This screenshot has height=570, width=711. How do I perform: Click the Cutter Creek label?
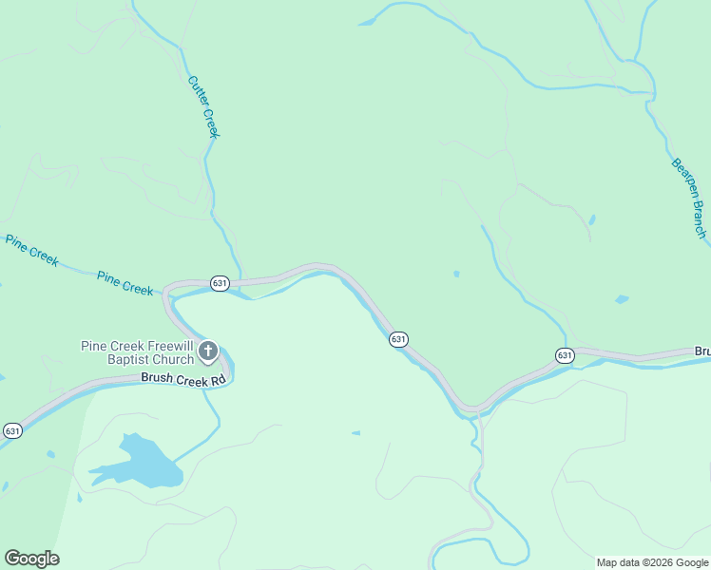click(203, 107)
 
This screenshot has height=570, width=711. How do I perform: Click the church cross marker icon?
click(208, 353)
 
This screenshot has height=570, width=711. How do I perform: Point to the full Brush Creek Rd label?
click(183, 378)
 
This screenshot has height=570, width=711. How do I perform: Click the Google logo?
click(31, 559)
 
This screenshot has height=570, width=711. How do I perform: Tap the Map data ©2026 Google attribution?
click(652, 562)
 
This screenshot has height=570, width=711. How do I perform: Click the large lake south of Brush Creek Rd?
click(142, 463)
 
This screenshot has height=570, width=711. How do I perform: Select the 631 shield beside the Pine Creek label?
click(220, 283)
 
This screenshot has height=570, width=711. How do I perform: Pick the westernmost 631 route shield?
click(12, 430)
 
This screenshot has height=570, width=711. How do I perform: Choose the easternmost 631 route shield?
click(565, 355)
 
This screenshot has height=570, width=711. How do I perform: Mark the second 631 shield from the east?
click(398, 339)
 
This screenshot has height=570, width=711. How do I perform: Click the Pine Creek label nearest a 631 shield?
click(125, 282)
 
